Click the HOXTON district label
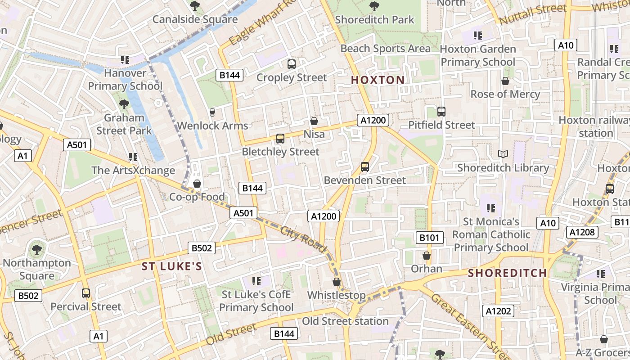point(378,80)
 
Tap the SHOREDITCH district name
point(507,273)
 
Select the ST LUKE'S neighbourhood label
point(172,266)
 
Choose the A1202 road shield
point(499,311)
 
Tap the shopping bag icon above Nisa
point(314,121)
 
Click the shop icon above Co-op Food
point(197,184)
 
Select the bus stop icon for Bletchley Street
point(280,139)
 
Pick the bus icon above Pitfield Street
point(441,112)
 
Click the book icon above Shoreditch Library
point(503,154)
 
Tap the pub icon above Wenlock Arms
point(212,112)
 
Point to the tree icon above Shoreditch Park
point(374,6)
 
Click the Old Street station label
point(345,321)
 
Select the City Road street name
point(303,239)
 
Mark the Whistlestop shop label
point(336,295)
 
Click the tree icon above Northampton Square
point(36,249)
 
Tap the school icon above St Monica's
point(491,208)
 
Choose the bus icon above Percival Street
point(86,293)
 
